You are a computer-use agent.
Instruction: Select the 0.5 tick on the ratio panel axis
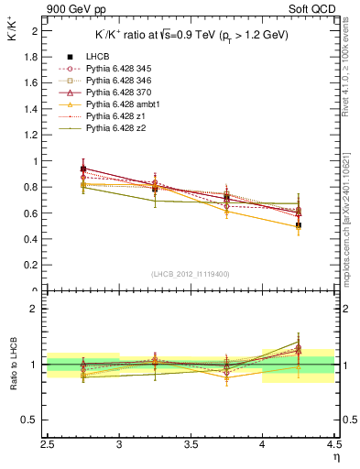32,420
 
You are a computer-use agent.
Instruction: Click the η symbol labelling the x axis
335,457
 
